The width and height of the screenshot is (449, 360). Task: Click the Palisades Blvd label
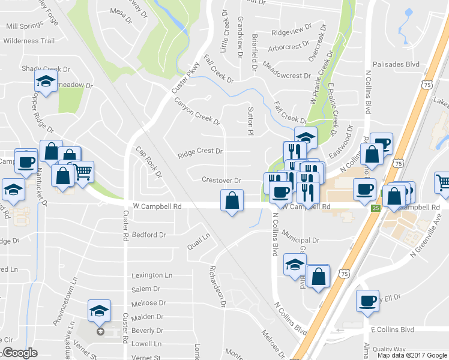tap(396, 64)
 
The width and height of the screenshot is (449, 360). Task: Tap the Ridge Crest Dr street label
tap(200, 152)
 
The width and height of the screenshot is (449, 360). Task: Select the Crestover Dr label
tap(221, 180)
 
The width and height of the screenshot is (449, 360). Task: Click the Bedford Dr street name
tap(148, 235)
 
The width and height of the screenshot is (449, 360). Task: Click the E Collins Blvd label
tap(393, 329)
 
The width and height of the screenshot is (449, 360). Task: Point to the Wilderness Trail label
tap(29, 41)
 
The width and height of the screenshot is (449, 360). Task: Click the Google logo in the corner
tap(20, 353)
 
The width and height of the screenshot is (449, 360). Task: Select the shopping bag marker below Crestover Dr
tap(232, 201)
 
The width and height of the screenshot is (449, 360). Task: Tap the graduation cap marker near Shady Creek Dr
tap(46, 81)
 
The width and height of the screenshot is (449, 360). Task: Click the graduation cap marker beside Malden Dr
tap(100, 310)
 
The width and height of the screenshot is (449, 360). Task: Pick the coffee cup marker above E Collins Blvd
tap(367, 301)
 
